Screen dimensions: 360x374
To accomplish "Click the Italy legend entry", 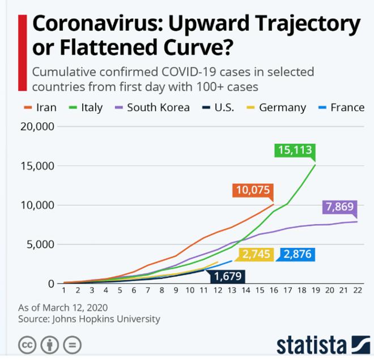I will point(86,107).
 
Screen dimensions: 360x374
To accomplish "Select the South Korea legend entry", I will point(152,107).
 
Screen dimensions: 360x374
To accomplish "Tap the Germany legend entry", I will point(276,107).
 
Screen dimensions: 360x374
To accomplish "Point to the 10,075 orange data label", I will point(253,191).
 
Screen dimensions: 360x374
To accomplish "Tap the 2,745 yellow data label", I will point(257,255).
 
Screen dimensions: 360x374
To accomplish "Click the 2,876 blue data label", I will point(297,255).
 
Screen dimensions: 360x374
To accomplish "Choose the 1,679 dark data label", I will point(227,276).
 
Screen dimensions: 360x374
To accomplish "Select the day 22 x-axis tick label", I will point(357,291).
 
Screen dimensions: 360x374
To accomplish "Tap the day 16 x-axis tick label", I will point(273,291).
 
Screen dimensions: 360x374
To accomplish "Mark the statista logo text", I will point(311,344).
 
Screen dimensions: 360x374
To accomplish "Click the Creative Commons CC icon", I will point(26,344).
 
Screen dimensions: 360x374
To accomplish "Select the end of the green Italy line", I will point(315,165).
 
